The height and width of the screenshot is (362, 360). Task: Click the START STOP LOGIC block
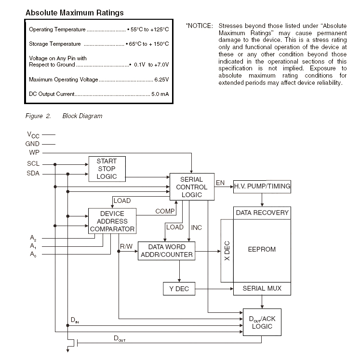pyautogui.click(x=107, y=169)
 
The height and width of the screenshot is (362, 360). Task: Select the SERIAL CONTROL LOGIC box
pyautogui.click(x=192, y=187)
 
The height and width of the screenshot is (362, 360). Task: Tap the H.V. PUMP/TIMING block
pyautogui.click(x=262, y=187)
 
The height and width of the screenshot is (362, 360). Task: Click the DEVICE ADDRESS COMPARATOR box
pyautogui.click(x=112, y=221)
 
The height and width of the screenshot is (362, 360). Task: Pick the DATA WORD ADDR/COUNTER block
pyautogui.click(x=167, y=251)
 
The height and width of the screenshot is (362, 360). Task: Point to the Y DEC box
pyautogui.click(x=179, y=289)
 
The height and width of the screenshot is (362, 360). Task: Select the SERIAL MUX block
pyautogui.click(x=262, y=289)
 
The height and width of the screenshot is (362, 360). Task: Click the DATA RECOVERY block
pyautogui.click(x=262, y=213)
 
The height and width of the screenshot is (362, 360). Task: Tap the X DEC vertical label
pyautogui.click(x=227, y=251)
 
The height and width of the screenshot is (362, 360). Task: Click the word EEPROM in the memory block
pyautogui.click(x=262, y=249)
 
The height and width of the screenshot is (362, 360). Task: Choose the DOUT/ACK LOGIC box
pyautogui.click(x=262, y=322)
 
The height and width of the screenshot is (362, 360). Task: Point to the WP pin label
pyautogui.click(x=34, y=152)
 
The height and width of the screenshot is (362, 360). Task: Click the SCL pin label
pyautogui.click(x=33, y=163)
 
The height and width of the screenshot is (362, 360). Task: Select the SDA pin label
pyautogui.click(x=33, y=173)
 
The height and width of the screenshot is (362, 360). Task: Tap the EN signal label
pyautogui.click(x=220, y=183)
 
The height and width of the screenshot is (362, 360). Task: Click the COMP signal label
pyautogui.click(x=165, y=211)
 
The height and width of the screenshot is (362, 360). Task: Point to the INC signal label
pyautogui.click(x=196, y=228)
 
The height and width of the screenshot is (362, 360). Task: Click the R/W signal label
pyautogui.click(x=126, y=247)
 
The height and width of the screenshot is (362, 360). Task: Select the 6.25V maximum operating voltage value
pyautogui.click(x=161, y=80)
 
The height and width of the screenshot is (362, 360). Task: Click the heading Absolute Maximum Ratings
pyautogui.click(x=75, y=13)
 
